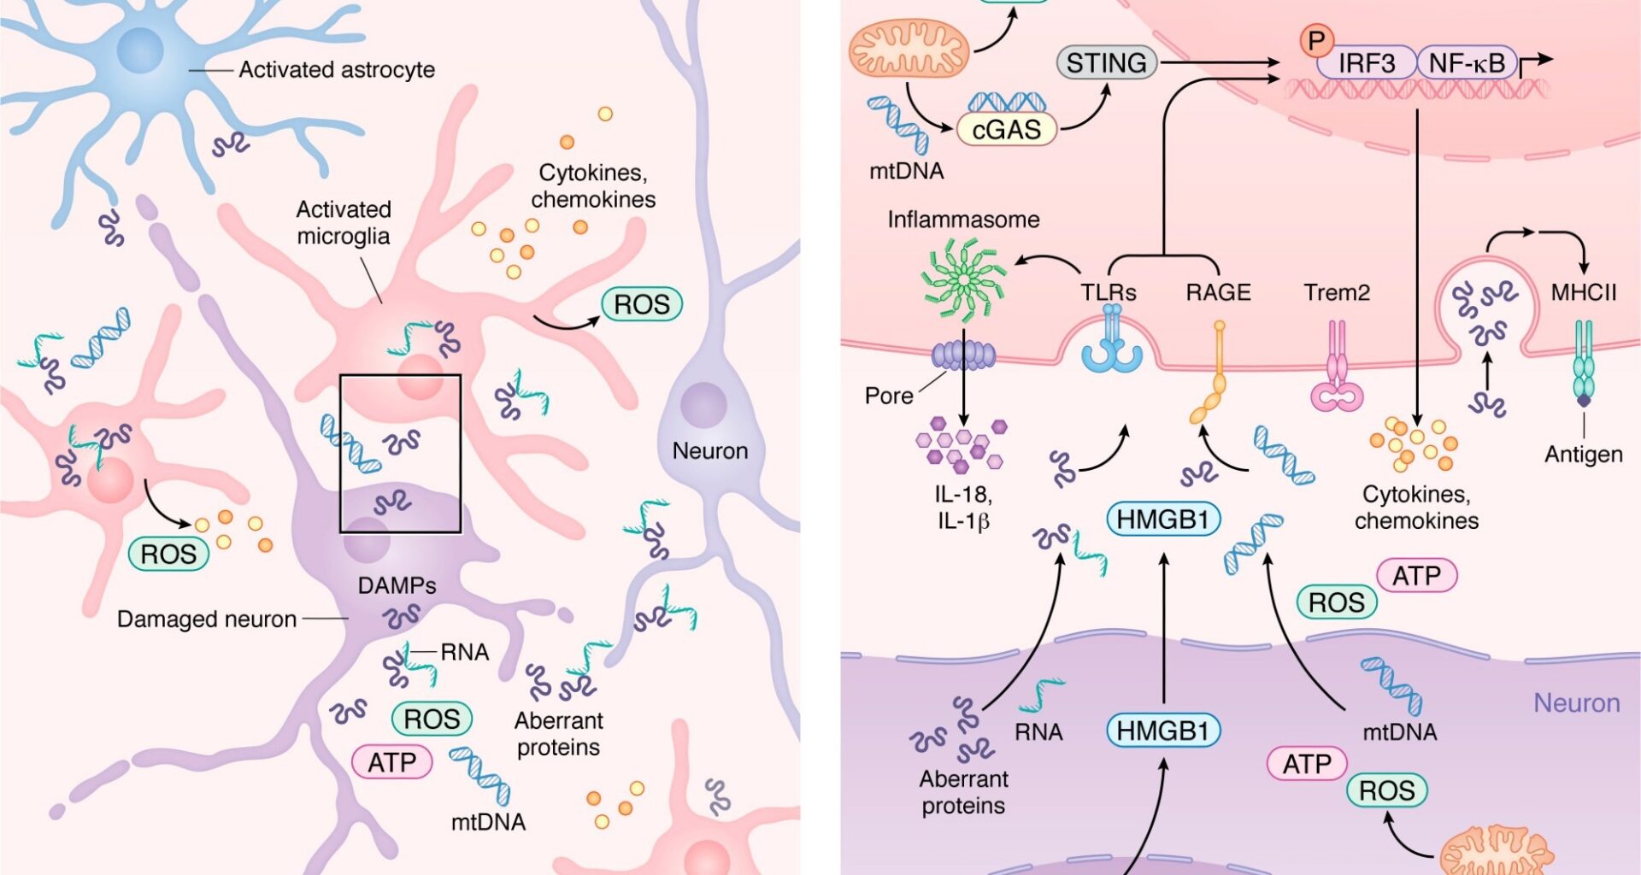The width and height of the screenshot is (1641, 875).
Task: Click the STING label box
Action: tap(1107, 62)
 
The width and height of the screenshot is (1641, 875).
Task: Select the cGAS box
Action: tap(1007, 129)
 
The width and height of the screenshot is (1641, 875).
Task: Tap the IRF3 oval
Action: tap(1366, 63)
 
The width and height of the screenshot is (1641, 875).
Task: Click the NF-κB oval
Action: tap(1467, 63)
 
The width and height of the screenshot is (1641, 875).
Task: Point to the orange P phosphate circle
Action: tap(1316, 40)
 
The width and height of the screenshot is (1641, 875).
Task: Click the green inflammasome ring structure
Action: tap(963, 279)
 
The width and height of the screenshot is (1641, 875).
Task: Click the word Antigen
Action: tap(1583, 454)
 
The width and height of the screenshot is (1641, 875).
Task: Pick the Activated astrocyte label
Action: tap(336, 69)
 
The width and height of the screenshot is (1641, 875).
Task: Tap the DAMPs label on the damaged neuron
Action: tap(397, 585)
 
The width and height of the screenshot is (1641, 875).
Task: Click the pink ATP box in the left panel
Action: tap(391, 761)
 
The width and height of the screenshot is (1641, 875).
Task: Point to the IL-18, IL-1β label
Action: tap(963, 507)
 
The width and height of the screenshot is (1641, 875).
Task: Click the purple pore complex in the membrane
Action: tap(963, 355)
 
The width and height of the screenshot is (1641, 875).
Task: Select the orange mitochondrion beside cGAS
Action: tap(909, 49)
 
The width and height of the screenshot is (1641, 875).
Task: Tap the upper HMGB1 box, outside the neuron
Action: tap(1162, 519)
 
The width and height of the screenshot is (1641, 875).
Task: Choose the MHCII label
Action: tap(1583, 292)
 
